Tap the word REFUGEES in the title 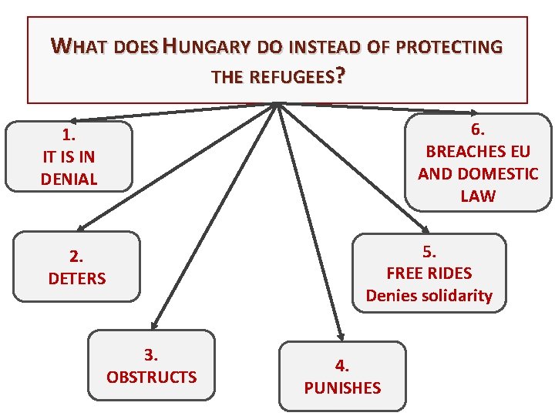[294, 76]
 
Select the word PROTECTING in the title [448, 47]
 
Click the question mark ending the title [341, 75]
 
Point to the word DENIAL [69, 179]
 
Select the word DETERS [77, 278]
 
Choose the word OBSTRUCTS [151, 377]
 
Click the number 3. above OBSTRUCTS [151, 354]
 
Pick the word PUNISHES [342, 387]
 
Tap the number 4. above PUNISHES [342, 365]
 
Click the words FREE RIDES [429, 273]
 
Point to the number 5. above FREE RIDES [429, 250]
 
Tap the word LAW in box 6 [478, 196]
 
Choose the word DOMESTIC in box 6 [499, 173]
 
